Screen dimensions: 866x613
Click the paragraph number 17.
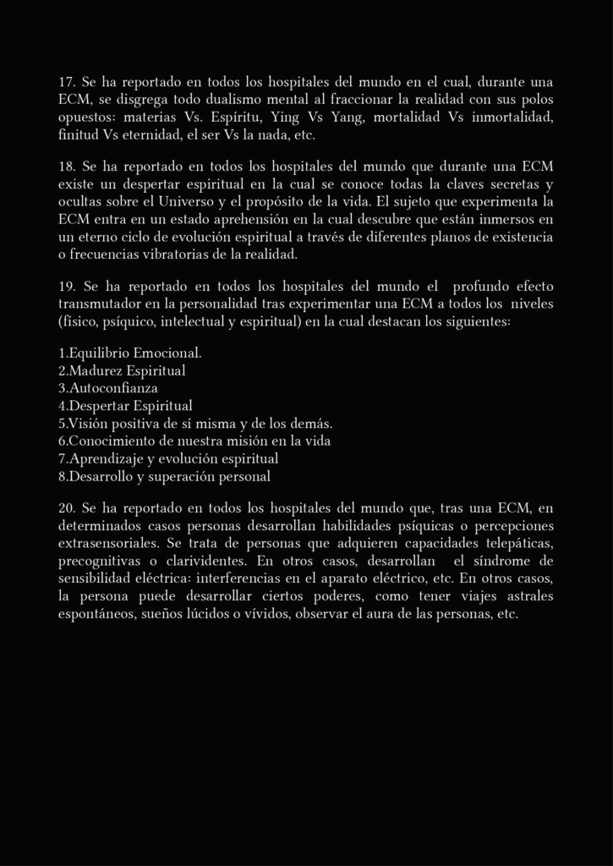coord(67,84)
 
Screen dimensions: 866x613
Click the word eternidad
coord(149,135)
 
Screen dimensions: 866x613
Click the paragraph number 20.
coord(67,509)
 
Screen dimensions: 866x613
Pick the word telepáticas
coord(512,543)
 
